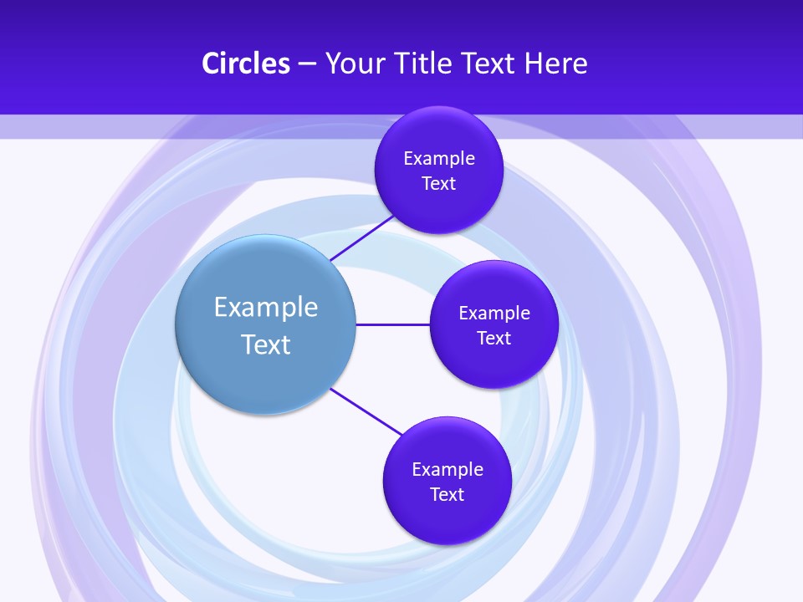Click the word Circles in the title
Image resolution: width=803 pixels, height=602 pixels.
(x=246, y=64)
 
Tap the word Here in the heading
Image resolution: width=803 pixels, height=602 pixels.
(x=555, y=64)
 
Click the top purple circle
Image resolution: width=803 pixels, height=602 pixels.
(x=438, y=205)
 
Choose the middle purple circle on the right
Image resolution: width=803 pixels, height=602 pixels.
(x=494, y=364)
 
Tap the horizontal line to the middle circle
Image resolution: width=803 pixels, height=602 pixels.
(x=393, y=324)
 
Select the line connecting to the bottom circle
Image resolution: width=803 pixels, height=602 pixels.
(x=366, y=411)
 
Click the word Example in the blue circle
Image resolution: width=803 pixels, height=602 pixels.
(x=266, y=307)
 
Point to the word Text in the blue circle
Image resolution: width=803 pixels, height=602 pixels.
(x=266, y=344)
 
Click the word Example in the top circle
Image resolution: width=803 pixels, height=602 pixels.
(x=439, y=158)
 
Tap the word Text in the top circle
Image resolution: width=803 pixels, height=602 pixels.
(x=438, y=183)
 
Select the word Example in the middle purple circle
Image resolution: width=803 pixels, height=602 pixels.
(x=494, y=313)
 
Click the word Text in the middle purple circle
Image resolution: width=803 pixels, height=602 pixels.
(x=494, y=338)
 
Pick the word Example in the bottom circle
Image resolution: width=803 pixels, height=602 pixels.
(x=448, y=469)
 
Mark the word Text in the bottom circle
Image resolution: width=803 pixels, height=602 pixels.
(x=447, y=494)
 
